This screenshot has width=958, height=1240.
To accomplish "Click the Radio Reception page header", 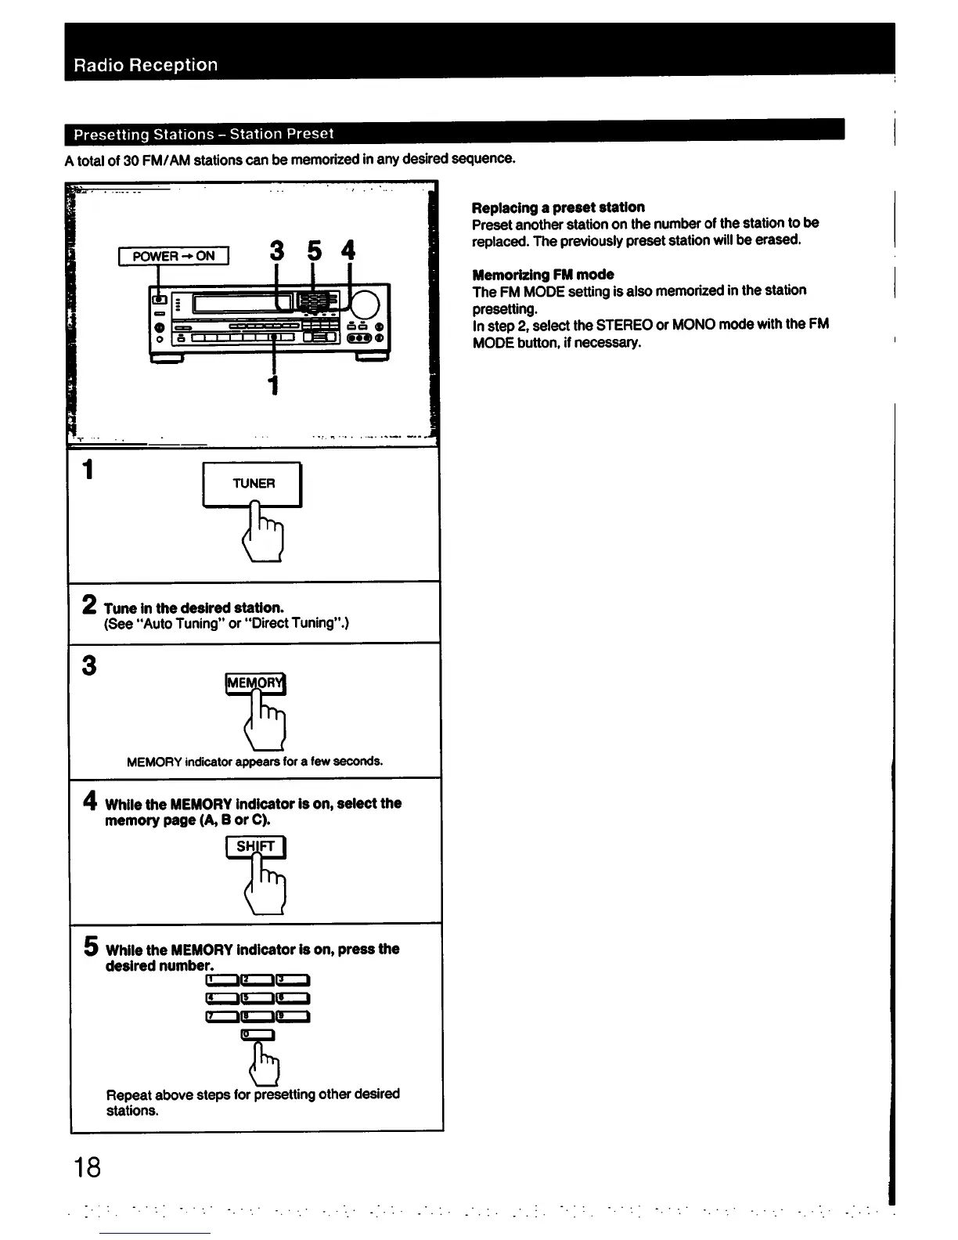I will [x=146, y=65].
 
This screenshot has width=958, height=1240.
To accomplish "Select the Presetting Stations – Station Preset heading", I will [x=203, y=134].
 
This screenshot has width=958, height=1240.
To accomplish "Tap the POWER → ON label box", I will [x=174, y=256].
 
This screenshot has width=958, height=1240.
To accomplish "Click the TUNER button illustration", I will [x=253, y=484].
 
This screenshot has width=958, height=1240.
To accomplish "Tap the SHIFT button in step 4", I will [x=256, y=846].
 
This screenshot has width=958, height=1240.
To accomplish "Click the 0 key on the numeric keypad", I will [x=258, y=1035].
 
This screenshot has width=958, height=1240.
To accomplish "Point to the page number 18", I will [x=87, y=1168].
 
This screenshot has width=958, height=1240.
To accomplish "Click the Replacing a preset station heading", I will [x=558, y=207].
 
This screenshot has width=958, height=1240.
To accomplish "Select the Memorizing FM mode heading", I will [x=542, y=275].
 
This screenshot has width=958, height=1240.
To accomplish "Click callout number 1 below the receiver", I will [x=273, y=385].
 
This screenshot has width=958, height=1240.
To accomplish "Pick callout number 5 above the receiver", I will [x=314, y=251].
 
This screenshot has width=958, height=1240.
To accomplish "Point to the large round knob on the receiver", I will [x=365, y=305].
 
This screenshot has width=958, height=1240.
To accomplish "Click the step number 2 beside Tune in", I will [x=90, y=605].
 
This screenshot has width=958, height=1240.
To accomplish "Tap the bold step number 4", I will [x=90, y=801].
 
